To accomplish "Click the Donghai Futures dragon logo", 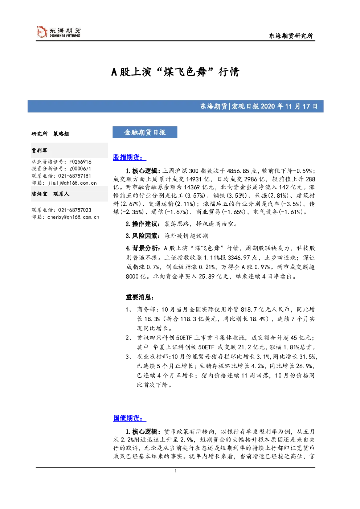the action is tap(42, 32).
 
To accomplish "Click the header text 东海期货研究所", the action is tap(291, 36).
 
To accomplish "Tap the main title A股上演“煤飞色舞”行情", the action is tap(175, 72).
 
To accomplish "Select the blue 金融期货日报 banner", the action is tap(145, 132).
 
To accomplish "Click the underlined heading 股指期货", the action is tap(129, 157).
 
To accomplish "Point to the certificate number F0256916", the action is tap(80, 162).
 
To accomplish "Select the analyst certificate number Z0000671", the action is tap(80, 169).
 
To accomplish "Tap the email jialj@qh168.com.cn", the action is tap(72, 183).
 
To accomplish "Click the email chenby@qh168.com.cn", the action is tap(73, 217).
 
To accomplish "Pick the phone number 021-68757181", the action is tap(74, 176).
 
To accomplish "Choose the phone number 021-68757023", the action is tap(74, 210).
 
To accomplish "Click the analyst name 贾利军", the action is tap(39, 151).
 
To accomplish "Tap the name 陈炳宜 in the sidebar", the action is tap(39, 194).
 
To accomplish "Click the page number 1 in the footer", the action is tap(175, 471).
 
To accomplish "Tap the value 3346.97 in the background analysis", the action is tap(239, 258).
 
